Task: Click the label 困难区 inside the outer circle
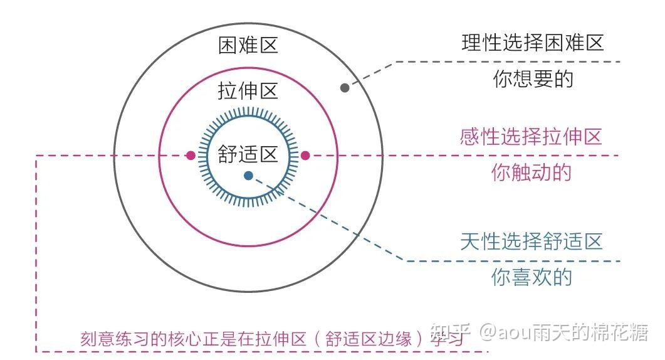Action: [248, 45]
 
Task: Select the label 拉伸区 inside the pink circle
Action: [248, 91]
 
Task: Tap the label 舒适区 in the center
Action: [248, 154]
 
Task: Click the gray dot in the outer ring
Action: [345, 88]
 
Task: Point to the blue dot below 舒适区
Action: [249, 176]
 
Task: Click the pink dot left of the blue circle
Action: [191, 156]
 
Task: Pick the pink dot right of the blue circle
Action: [305, 156]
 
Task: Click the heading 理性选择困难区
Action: [533, 43]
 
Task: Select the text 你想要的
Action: [533, 79]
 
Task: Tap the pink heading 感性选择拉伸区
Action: [531, 137]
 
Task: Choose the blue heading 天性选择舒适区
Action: [532, 241]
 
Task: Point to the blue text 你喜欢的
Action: [532, 277]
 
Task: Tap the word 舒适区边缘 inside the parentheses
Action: [368, 339]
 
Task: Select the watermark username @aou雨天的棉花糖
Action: [565, 332]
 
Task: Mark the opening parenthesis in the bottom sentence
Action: [317, 339]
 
